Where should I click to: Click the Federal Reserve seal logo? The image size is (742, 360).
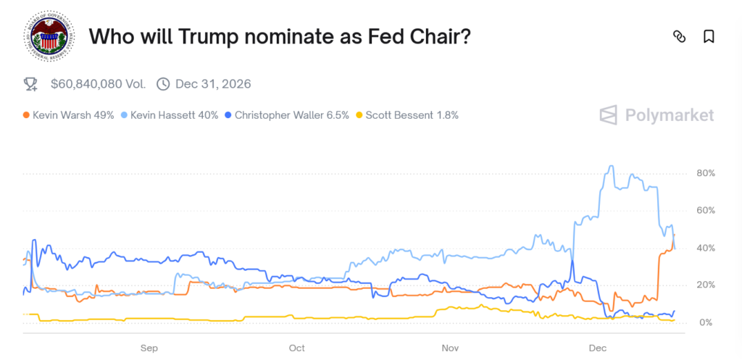tap(49, 36)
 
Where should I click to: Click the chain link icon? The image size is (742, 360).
tap(679, 36)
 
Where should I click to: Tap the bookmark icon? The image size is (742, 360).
tap(709, 36)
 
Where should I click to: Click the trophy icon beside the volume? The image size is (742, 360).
tap(30, 84)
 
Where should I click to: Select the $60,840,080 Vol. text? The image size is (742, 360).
tap(98, 84)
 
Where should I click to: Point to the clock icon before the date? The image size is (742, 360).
tap(163, 84)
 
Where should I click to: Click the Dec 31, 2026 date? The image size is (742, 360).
tap(213, 84)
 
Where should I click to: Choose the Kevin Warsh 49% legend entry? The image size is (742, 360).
tap(69, 115)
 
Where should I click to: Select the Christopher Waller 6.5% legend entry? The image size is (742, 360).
tap(288, 115)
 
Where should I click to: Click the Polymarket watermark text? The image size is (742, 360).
tap(667, 115)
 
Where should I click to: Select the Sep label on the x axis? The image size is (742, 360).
tap(149, 348)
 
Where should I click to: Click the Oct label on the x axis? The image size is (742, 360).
tap(297, 348)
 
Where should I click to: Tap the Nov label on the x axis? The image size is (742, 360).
tap(451, 348)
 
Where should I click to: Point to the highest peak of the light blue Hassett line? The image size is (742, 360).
tap(611, 166)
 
